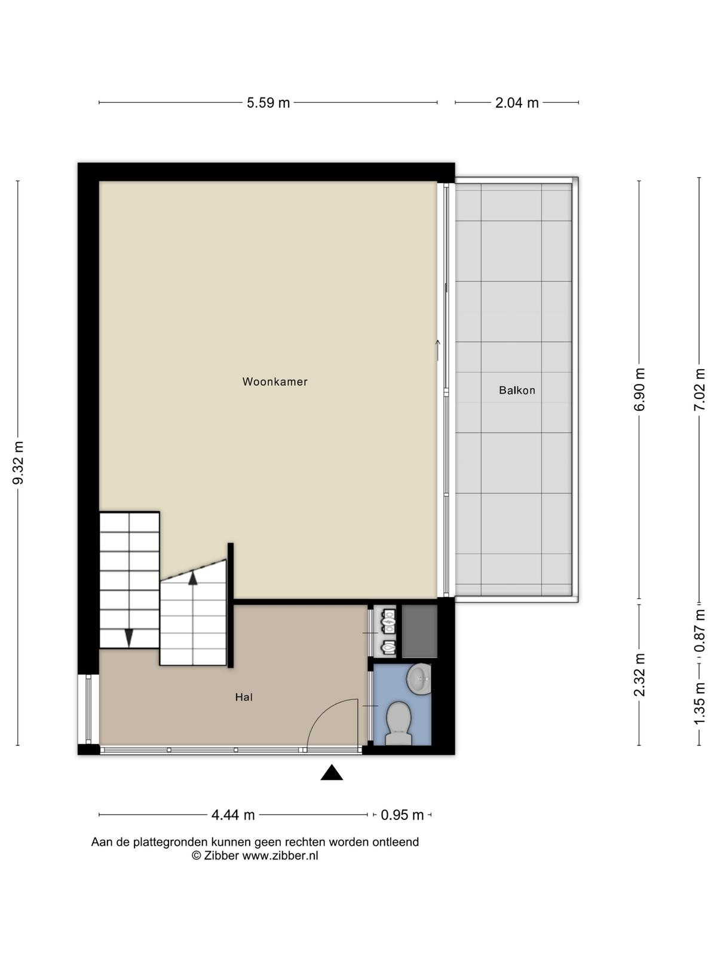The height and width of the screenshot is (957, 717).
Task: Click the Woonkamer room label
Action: click(275, 382)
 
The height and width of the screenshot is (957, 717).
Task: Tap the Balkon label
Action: click(517, 390)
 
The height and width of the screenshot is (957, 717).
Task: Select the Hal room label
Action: click(244, 697)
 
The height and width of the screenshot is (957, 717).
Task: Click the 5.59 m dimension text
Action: click(268, 103)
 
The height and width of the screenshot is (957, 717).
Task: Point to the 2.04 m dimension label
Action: click(517, 103)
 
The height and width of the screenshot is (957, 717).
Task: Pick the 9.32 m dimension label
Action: click(19, 463)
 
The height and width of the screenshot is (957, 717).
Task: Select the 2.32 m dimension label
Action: click(639, 675)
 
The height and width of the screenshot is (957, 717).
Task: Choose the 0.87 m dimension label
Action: click(699, 631)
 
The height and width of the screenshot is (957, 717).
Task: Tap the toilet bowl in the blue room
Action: click(399, 723)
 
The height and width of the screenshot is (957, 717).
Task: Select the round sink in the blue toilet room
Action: click(419, 678)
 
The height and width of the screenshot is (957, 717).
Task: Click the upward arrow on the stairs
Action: click(192, 578)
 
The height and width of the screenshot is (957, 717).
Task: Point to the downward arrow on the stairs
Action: click(129, 638)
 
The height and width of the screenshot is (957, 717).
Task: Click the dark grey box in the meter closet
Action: click(419, 631)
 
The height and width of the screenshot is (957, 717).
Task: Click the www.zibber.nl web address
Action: click(280, 855)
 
